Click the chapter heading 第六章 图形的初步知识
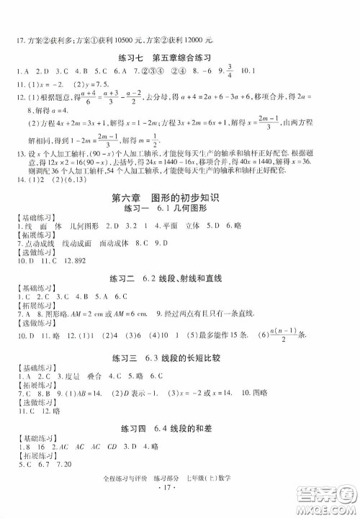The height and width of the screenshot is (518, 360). [x=180, y=196]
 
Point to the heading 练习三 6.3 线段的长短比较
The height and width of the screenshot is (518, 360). [x=179, y=357]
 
